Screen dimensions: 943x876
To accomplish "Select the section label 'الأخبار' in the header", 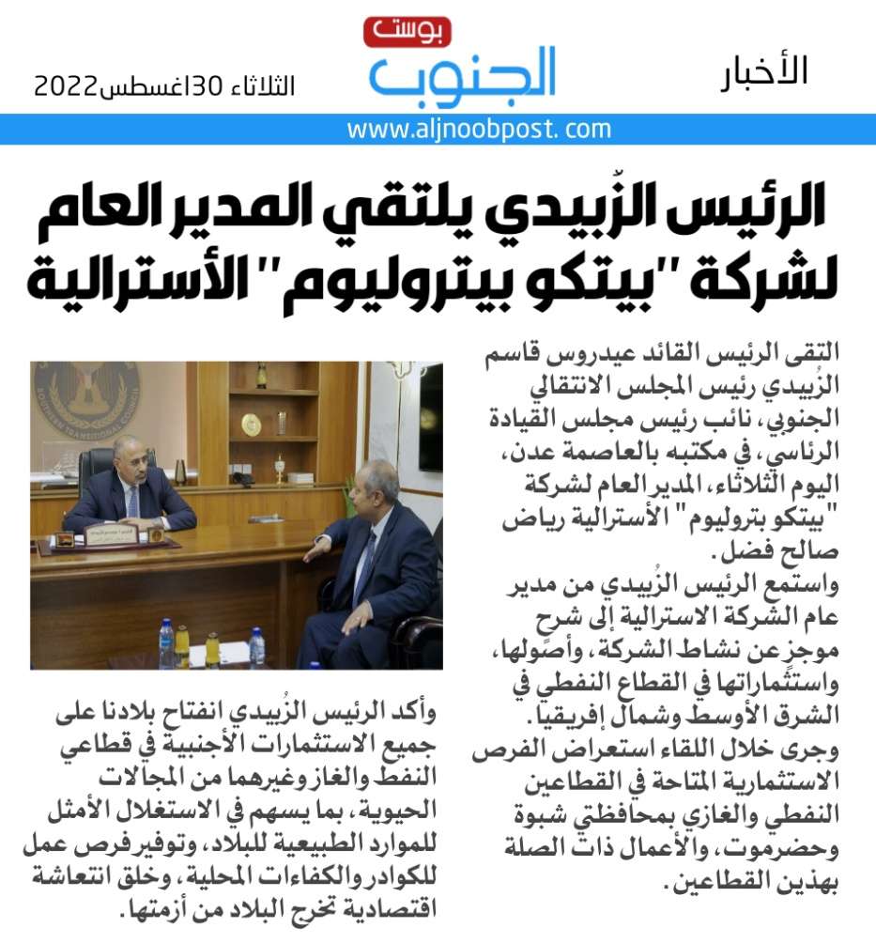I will point(764,72).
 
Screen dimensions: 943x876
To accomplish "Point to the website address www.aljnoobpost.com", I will point(479,130).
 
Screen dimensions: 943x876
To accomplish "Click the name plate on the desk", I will point(111,536).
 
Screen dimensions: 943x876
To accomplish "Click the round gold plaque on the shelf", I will point(250,425).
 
